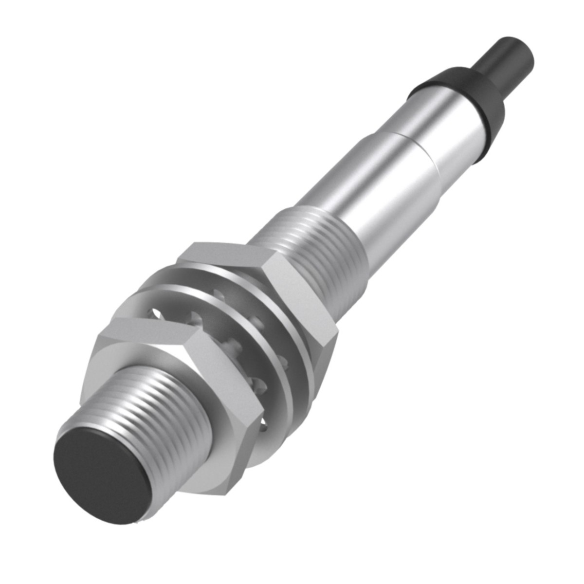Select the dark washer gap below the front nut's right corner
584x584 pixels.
point(263,428)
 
